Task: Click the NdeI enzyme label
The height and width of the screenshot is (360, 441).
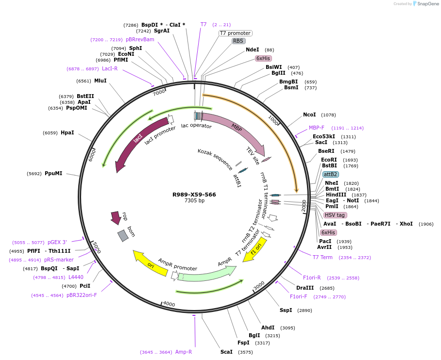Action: coord(253,49)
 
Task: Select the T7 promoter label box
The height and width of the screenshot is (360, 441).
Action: coord(235,33)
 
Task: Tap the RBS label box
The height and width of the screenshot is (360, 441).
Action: coord(238,41)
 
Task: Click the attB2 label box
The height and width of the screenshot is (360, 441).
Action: coord(331,174)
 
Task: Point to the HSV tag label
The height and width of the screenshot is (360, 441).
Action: coord(335,215)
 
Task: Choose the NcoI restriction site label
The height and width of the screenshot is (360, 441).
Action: coord(309,115)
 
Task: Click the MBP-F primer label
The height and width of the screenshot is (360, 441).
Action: coord(317,128)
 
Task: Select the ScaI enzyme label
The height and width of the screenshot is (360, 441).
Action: coord(226,352)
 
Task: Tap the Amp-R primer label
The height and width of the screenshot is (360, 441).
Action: coord(184,352)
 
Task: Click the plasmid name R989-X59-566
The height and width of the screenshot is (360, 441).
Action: coord(194,195)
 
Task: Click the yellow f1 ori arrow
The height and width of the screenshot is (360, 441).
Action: coord(255,249)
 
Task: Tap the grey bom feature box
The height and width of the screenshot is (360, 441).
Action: coord(123,236)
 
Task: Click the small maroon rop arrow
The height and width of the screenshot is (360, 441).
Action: coord(116,217)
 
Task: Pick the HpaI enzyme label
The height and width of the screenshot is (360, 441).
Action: coord(68,132)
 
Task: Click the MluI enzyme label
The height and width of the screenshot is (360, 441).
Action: coord(101,81)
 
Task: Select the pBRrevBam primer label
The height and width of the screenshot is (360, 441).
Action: coord(140,39)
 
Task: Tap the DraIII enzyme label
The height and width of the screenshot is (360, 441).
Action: coord(305,288)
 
